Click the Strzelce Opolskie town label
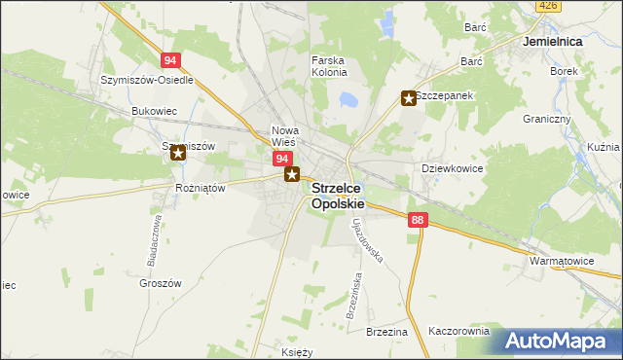338,197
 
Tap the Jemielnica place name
552,43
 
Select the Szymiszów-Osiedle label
147,80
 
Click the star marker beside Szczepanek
409,97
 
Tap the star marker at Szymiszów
177,153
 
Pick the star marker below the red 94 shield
291,175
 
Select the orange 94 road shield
171,59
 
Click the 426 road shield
549,6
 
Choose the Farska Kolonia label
329,67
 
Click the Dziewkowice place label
452,168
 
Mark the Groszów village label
161,283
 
